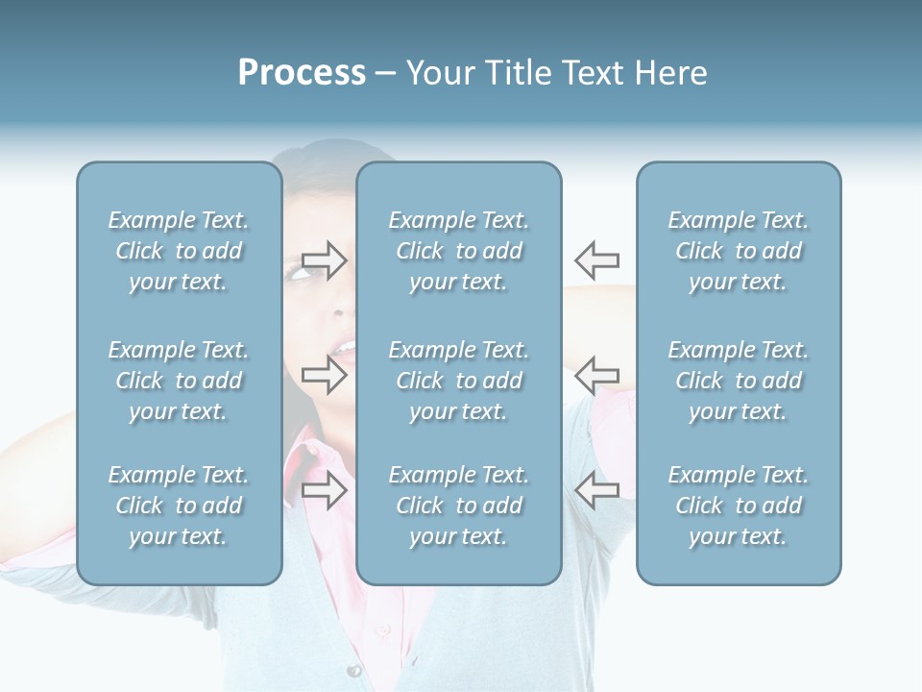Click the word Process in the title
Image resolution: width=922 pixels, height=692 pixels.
tap(302, 73)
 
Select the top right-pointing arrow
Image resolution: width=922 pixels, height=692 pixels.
tap(324, 259)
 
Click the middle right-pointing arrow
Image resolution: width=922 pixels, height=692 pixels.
tap(324, 375)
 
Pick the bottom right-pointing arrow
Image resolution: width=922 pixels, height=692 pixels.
tap(324, 490)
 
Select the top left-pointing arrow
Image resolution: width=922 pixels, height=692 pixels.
tap(596, 259)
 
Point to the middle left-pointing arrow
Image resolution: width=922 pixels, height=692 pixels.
tap(596, 375)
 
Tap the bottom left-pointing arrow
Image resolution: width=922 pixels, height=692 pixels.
tap(596, 490)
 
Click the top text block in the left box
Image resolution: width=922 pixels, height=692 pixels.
tap(179, 251)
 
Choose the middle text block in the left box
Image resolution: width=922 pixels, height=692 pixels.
tap(179, 381)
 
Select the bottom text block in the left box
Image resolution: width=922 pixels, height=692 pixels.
tap(179, 506)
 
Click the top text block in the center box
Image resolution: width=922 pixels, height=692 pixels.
tap(458, 251)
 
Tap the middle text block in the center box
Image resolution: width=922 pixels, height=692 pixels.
tap(458, 381)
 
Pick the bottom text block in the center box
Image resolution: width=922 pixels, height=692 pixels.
tap(458, 506)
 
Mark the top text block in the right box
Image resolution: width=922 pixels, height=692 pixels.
tap(738, 251)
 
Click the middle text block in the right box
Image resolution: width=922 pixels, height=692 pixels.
tap(738, 381)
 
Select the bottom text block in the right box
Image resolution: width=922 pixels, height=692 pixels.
tap(738, 506)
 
